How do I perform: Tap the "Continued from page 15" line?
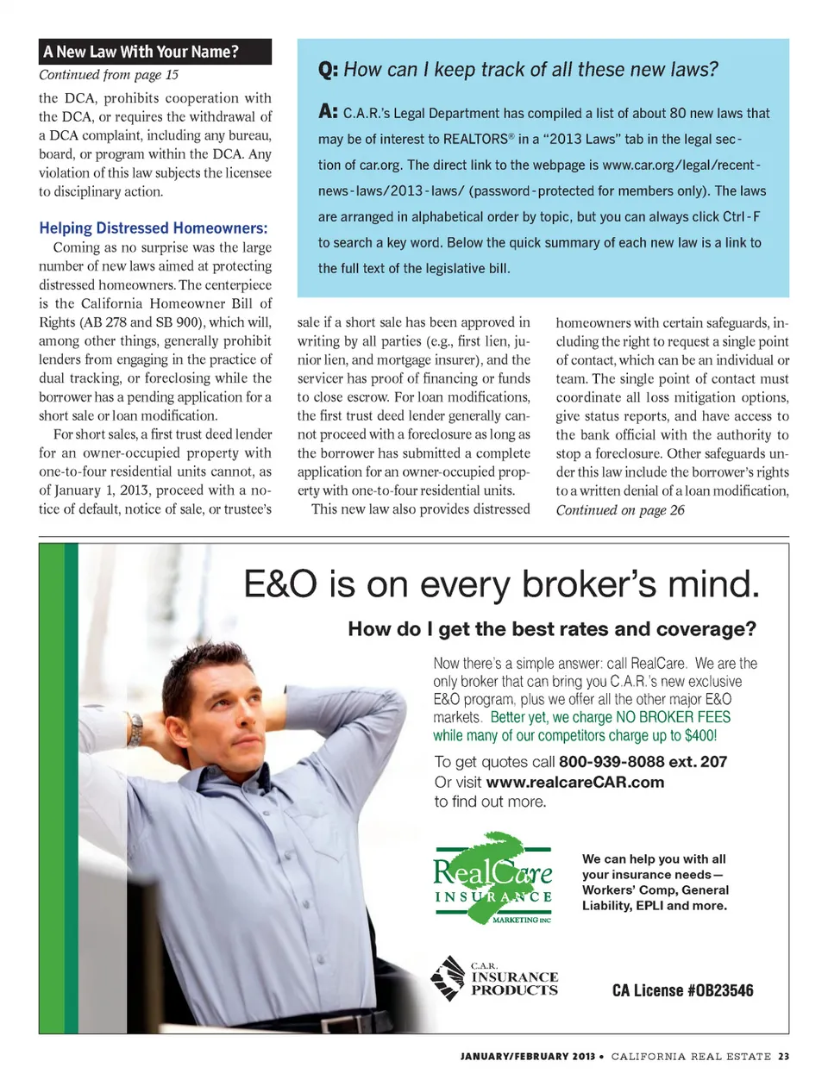click(x=109, y=75)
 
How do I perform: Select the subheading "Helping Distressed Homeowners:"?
click(x=154, y=228)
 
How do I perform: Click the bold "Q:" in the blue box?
click(x=328, y=70)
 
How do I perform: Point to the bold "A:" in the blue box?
click(x=328, y=112)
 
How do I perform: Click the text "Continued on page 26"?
click(x=620, y=510)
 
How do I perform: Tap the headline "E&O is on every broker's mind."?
click(x=502, y=584)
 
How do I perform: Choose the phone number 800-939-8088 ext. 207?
click(x=643, y=762)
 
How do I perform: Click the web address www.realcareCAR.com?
click(x=575, y=783)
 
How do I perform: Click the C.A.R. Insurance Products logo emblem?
click(x=448, y=978)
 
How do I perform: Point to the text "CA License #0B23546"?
click(x=682, y=991)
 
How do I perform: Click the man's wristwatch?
click(x=136, y=731)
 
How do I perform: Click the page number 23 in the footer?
click(x=783, y=1057)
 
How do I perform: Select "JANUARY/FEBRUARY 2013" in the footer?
click(x=527, y=1057)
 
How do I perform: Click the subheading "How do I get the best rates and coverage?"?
click(x=552, y=629)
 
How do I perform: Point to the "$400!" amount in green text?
click(x=700, y=736)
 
